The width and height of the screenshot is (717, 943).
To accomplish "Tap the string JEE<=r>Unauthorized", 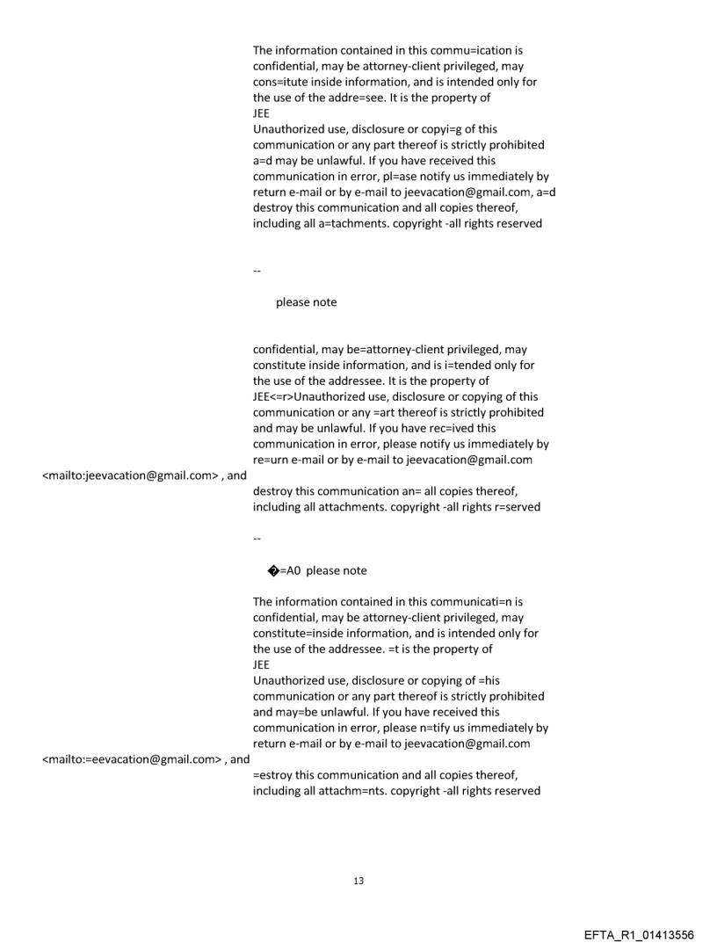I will (325, 397).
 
